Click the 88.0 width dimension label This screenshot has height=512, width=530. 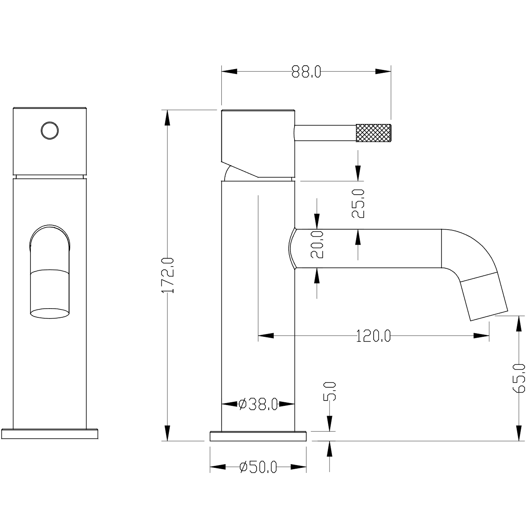[x=306, y=72]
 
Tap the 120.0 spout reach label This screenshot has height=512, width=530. [x=374, y=336]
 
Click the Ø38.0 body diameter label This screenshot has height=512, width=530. [x=258, y=404]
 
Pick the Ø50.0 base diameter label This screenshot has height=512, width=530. [x=258, y=467]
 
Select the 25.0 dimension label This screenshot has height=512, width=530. [x=358, y=204]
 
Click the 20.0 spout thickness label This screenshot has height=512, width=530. [x=317, y=244]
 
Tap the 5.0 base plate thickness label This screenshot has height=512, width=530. [x=329, y=391]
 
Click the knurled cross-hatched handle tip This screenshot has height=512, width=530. [x=374, y=133]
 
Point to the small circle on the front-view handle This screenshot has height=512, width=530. [x=50, y=131]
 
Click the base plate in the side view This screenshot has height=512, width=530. [x=258, y=436]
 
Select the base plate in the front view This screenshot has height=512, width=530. [x=50, y=434]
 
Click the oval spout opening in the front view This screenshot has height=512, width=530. [x=50, y=313]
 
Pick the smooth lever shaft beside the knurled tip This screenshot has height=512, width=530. [x=325, y=133]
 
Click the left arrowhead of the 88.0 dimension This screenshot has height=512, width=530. [x=229, y=72]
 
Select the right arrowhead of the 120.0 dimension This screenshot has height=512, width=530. [x=481, y=336]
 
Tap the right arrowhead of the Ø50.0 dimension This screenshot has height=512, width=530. [x=299, y=467]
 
